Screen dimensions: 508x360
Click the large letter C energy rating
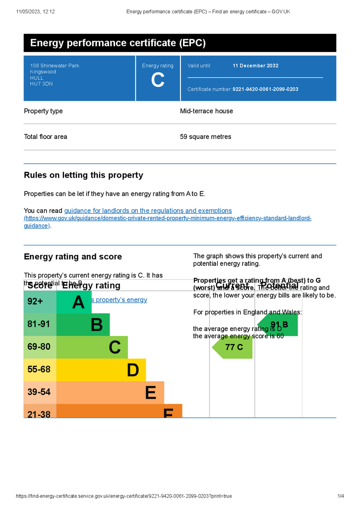(x=158, y=80)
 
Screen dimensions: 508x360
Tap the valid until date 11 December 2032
(x=255, y=65)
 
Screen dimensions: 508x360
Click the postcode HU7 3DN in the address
(x=41, y=84)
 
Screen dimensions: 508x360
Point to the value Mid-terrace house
(x=206, y=111)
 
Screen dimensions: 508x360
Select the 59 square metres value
(x=205, y=137)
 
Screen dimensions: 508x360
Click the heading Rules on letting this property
(x=83, y=175)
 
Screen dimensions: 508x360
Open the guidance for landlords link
(x=148, y=211)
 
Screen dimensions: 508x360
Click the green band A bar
(x=74, y=302)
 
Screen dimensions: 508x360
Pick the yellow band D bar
(x=102, y=370)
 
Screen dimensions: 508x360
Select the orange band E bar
(x=110, y=392)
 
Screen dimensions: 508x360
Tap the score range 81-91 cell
(x=39, y=324)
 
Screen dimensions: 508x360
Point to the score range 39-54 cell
(x=39, y=392)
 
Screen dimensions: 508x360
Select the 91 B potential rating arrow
(x=279, y=325)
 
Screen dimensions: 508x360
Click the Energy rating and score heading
(x=73, y=256)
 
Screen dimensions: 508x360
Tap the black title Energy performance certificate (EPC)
(x=118, y=43)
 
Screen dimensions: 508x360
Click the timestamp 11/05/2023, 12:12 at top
(x=35, y=11)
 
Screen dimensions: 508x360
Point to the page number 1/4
(x=341, y=496)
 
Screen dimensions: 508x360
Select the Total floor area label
(x=46, y=137)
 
